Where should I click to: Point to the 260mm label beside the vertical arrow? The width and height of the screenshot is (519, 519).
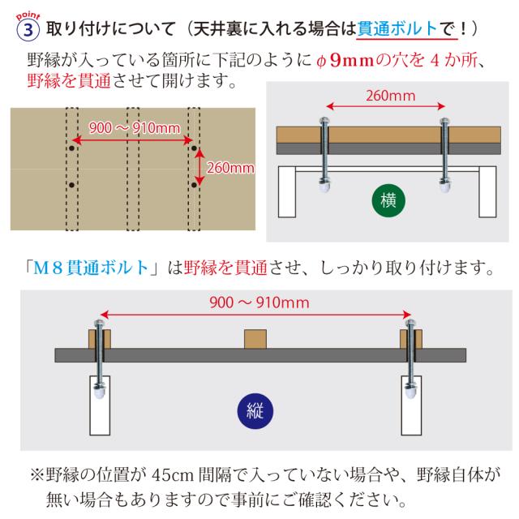point(230,168)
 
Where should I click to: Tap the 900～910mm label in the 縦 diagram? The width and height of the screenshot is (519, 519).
point(259,302)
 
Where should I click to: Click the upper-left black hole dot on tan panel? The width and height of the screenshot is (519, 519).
point(72,150)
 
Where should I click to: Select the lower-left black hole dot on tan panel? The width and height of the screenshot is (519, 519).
point(72,186)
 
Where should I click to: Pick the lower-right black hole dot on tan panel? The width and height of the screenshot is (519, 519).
point(194,186)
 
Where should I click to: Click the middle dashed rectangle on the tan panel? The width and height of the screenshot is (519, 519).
point(133,169)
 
